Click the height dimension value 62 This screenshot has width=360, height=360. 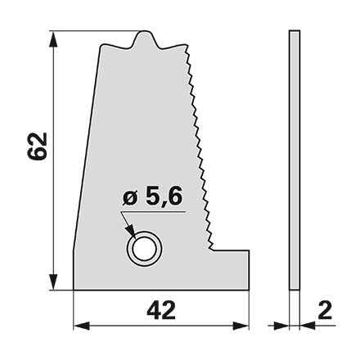pyautogui.click(x=38, y=146)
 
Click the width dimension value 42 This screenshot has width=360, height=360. pyautogui.click(x=161, y=311)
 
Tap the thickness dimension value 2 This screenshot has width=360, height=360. pyautogui.click(x=325, y=310)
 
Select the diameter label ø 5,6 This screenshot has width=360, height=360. pyautogui.click(x=152, y=196)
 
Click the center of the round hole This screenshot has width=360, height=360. pyautogui.click(x=145, y=249)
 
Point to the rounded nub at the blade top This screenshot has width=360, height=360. pyautogui.click(x=144, y=38)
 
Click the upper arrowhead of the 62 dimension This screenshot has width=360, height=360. pyautogui.click(x=53, y=40)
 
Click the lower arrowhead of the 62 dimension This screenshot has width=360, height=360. pyautogui.click(x=53, y=281)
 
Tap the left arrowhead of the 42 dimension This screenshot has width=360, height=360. pyautogui.click(x=82, y=326)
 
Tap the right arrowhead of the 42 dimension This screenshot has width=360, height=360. pyautogui.click(x=241, y=326)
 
